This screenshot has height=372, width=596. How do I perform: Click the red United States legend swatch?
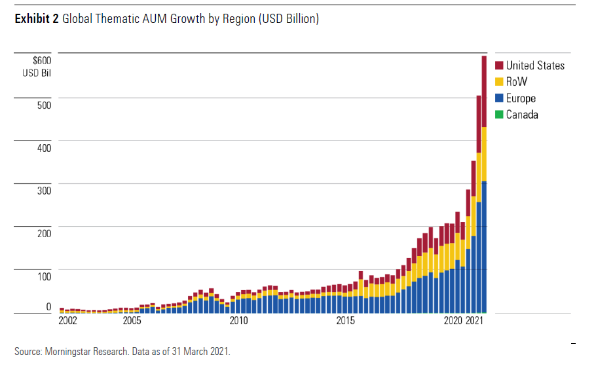click(x=499, y=65)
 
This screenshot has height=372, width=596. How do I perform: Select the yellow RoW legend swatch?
click(x=499, y=82)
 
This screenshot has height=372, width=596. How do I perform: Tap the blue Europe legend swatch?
click(x=499, y=98)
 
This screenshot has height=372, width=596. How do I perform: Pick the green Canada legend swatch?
click(x=499, y=115)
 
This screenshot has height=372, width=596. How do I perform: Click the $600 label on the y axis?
click(x=42, y=60)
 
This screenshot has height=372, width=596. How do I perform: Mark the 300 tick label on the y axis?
click(x=44, y=191)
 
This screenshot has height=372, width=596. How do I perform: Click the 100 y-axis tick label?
click(x=44, y=276)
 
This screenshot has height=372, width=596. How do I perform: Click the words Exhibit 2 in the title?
click(x=37, y=20)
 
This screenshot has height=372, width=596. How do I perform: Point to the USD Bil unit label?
click(x=37, y=72)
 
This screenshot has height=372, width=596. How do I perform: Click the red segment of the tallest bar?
click(x=484, y=92)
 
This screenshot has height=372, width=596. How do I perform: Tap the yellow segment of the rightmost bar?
click(x=484, y=154)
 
